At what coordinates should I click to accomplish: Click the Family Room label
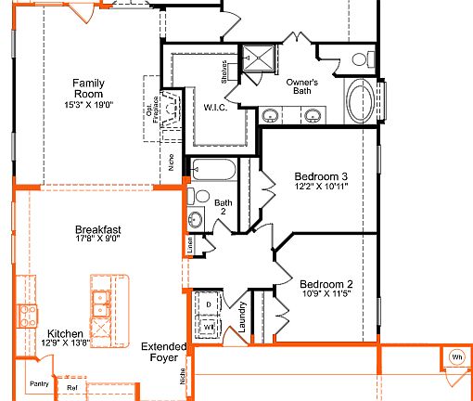(x=88, y=88)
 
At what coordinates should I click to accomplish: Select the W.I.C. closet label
(x=215, y=108)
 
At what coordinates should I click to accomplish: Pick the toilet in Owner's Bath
(x=360, y=59)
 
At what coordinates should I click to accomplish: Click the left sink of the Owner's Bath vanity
(x=270, y=116)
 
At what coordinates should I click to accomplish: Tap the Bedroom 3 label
(x=321, y=176)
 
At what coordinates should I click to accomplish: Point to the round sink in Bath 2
(x=196, y=220)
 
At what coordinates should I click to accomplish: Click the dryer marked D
(x=209, y=304)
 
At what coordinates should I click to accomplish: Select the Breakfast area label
(x=98, y=229)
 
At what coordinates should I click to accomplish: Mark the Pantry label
(x=38, y=383)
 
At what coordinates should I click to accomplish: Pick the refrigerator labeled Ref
(x=71, y=388)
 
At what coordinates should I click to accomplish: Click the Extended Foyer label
(x=164, y=353)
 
